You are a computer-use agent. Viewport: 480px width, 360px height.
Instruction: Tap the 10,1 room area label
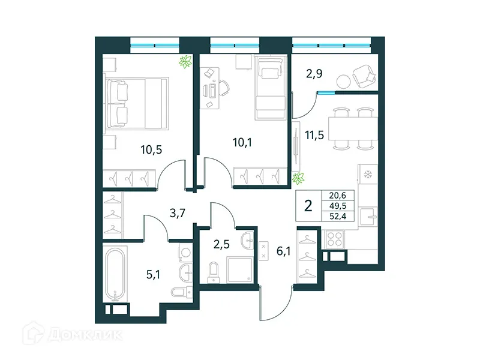coord(244,143)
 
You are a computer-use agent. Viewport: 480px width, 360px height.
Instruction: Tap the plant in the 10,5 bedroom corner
coord(185,61)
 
